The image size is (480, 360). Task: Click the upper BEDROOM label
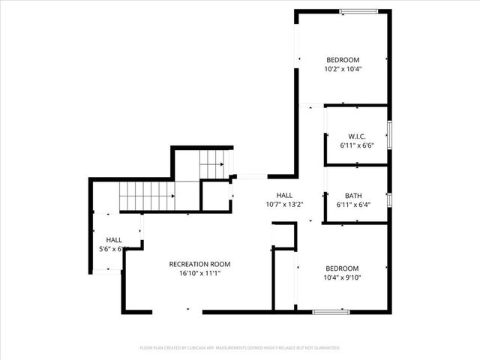[342, 60]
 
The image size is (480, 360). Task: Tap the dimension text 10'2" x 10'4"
[342, 70]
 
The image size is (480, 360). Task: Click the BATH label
[353, 196]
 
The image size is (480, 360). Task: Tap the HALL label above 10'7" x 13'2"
[284, 195]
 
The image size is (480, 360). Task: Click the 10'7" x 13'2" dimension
[284, 204]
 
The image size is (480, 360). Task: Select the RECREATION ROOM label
[199, 264]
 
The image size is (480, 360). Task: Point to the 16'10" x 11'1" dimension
[199, 274]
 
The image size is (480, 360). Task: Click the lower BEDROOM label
[341, 268]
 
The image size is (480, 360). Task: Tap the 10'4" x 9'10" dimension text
[341, 278]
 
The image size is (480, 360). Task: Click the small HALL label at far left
[114, 240]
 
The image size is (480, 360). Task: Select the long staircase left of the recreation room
[146, 196]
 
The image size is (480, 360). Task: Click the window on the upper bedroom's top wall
[358, 11]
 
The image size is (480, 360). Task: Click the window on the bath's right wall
[388, 199]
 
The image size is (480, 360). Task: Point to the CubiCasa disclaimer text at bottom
[240, 348]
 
